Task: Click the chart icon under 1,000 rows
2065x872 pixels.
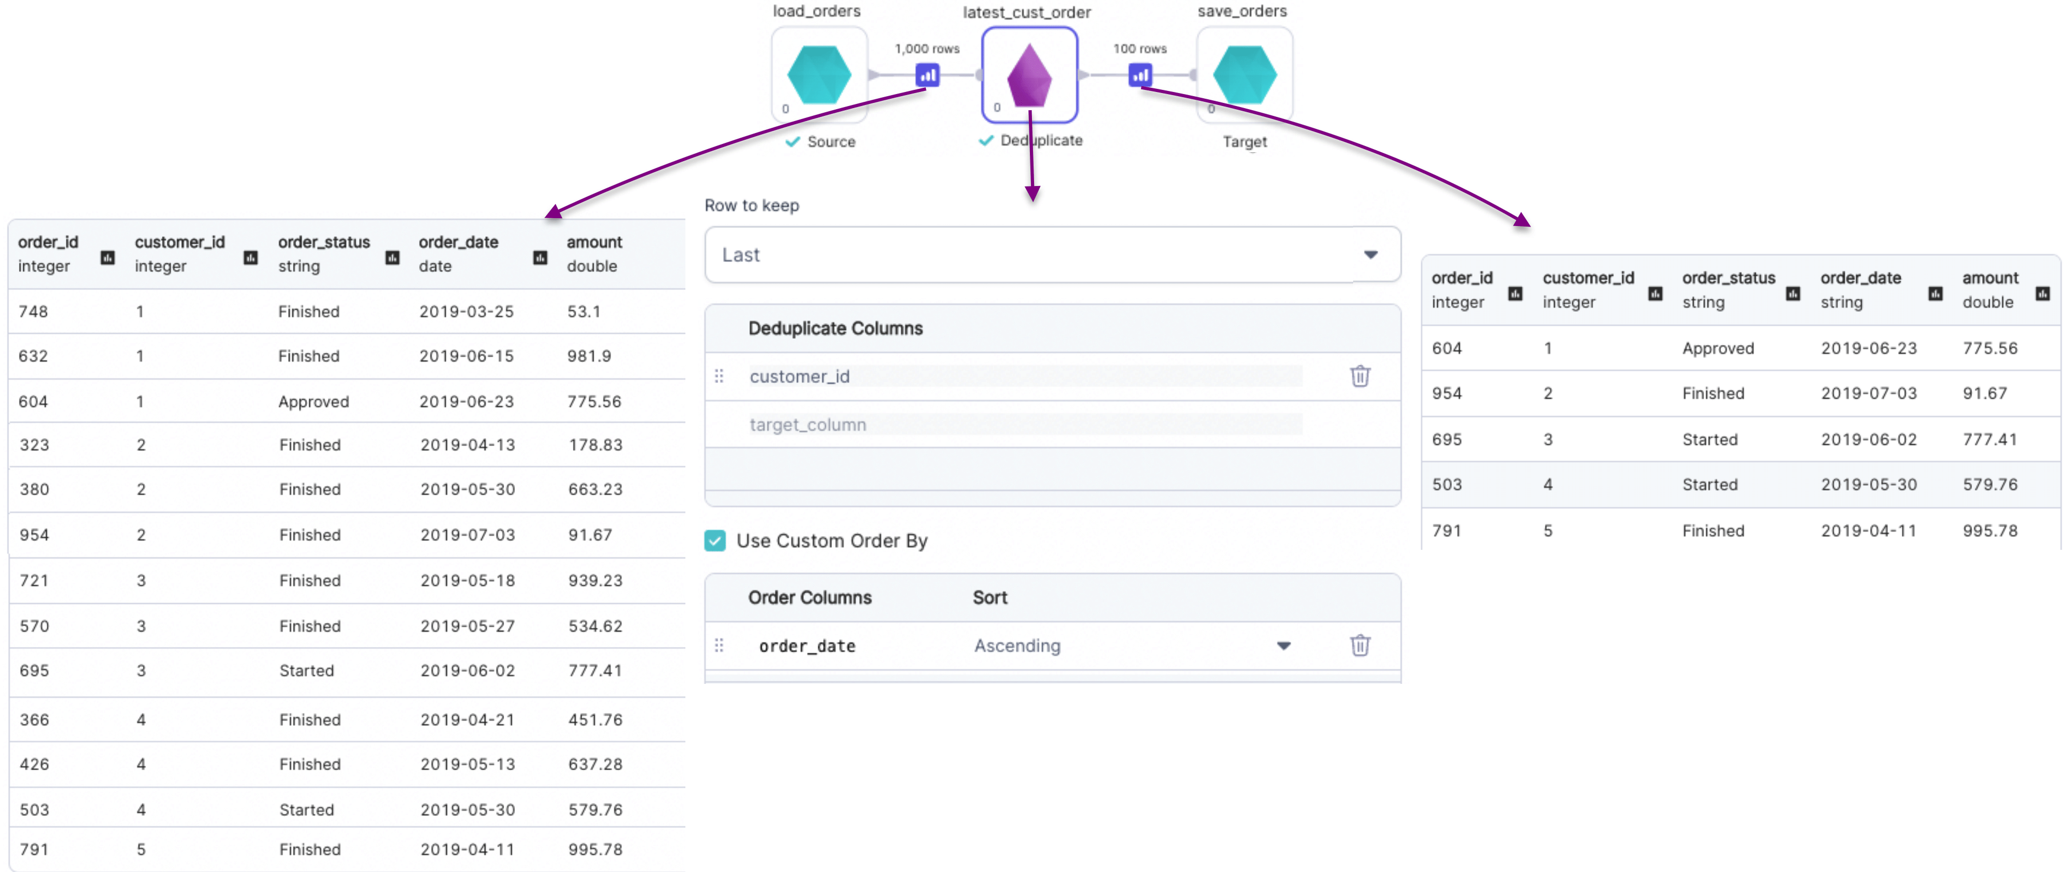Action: [928, 75]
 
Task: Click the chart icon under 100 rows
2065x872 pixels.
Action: [1140, 75]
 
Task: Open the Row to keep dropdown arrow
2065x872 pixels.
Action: [1371, 255]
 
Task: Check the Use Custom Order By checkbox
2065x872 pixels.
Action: [715, 541]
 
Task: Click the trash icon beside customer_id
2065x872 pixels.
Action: [1360, 376]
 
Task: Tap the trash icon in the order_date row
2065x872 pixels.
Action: [1360, 645]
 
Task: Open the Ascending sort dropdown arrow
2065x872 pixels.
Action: [1283, 646]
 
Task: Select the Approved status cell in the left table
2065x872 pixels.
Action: [313, 402]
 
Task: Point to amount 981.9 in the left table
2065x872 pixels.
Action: [589, 356]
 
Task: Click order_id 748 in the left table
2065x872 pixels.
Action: [33, 312]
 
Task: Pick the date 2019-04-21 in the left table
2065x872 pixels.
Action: [467, 720]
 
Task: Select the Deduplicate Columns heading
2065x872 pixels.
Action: [835, 328]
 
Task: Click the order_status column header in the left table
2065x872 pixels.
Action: [324, 242]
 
